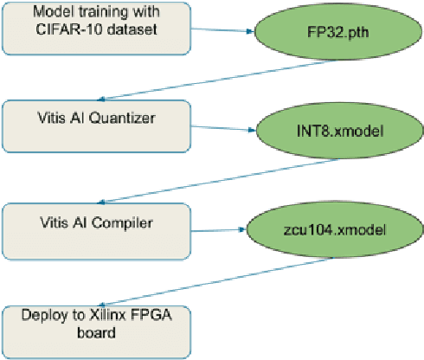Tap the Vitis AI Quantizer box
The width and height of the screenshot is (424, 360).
coord(94,126)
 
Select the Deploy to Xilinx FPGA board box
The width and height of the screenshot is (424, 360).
coord(94,330)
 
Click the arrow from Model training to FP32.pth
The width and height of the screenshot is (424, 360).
coord(221,30)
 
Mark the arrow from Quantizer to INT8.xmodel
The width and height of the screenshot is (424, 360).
coord(221,130)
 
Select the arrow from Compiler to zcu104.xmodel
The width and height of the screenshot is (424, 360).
coord(216,230)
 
